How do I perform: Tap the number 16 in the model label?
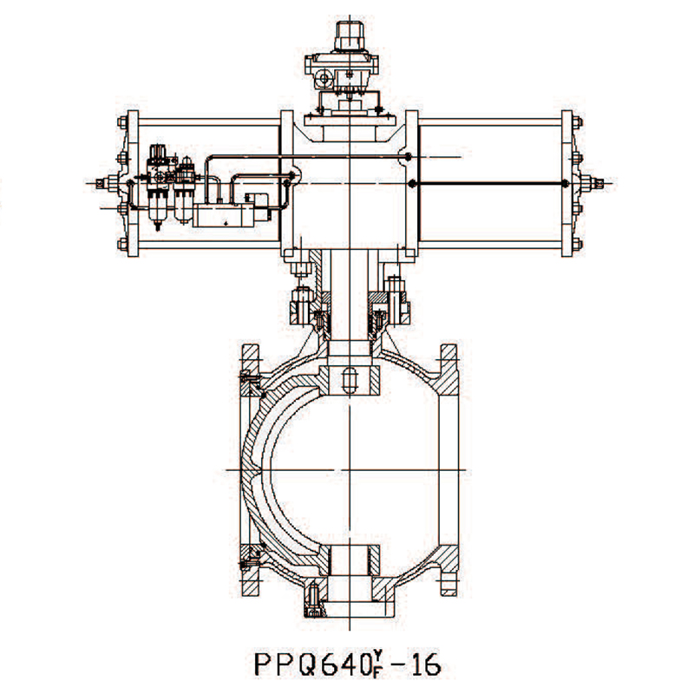pos(425,664)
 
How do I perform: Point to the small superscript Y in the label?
pos(377,653)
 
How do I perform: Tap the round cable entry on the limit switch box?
pos(324,79)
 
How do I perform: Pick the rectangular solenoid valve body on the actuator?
pos(224,215)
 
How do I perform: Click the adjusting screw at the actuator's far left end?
pos(102,182)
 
